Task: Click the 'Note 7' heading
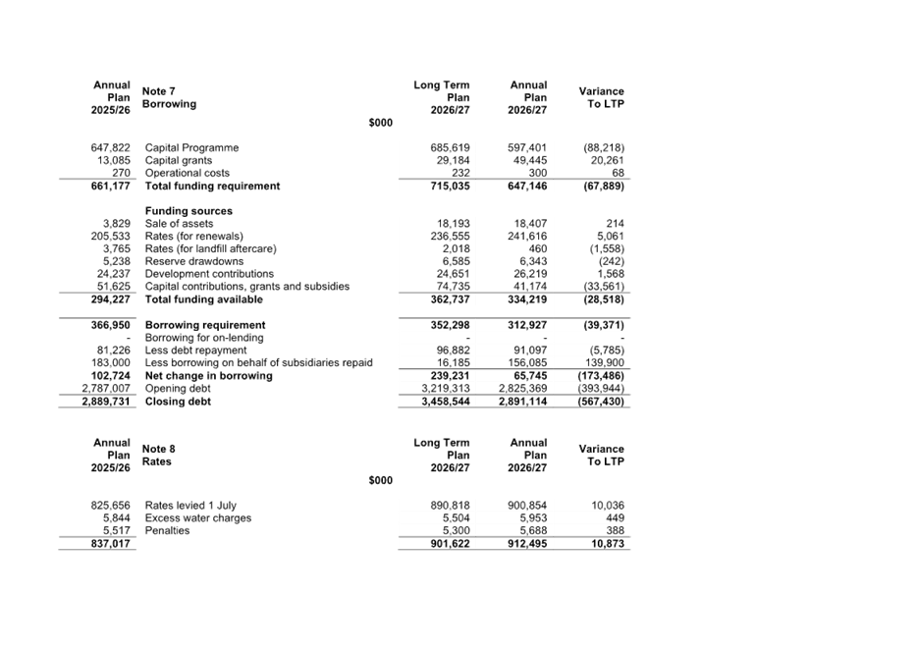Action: coord(159,90)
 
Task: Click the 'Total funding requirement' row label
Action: coord(212,186)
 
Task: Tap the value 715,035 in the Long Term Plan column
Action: coord(451,186)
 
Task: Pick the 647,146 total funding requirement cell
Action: coord(527,186)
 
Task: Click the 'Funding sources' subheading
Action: coord(189,211)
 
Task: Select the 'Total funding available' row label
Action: coord(203,298)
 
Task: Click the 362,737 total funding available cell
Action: coord(451,298)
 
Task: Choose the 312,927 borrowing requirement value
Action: coord(527,325)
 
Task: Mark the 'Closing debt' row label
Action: coord(178,402)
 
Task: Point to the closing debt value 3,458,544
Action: coord(447,402)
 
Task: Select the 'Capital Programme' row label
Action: coord(191,147)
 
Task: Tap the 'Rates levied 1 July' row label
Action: coord(190,506)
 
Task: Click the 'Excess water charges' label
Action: coord(197,518)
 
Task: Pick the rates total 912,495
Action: coord(527,544)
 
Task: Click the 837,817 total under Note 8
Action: coord(110,544)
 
